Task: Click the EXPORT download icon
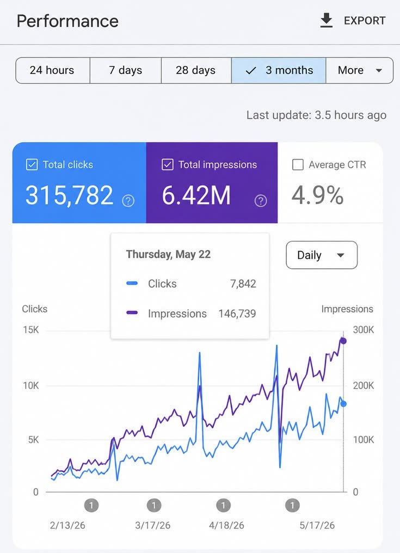[x=327, y=21]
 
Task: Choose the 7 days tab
[x=125, y=70]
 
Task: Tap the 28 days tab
[x=196, y=70]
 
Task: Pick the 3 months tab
[x=279, y=70]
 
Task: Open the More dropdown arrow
[x=379, y=71]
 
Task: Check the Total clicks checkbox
[x=32, y=164]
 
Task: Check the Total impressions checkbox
[x=167, y=164]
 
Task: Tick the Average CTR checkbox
[x=298, y=164]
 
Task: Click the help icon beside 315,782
[x=128, y=201]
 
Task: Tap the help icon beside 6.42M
[x=261, y=201]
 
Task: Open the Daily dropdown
[x=321, y=255]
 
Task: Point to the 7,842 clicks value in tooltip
[x=243, y=284]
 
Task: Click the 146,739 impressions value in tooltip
[x=237, y=314]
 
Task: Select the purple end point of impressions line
[x=343, y=341]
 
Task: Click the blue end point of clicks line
[x=343, y=404]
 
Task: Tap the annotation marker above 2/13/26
[x=91, y=506]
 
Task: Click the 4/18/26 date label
[x=226, y=525]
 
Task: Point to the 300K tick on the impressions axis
[x=364, y=330]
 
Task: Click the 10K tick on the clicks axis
[x=31, y=385]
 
